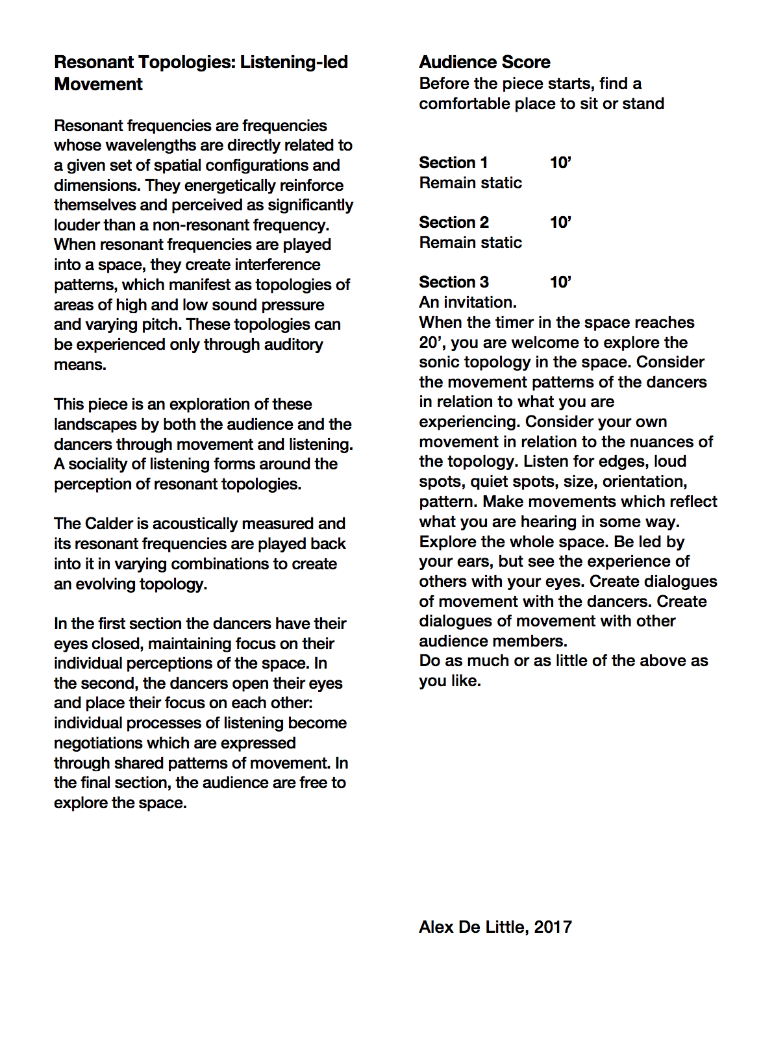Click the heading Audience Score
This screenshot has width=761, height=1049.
point(484,62)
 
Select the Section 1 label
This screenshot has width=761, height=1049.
point(453,163)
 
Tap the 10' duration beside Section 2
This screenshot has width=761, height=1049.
point(560,223)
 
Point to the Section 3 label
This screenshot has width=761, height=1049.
point(453,282)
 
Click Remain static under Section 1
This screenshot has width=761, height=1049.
point(470,183)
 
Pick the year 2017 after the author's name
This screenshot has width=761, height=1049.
point(553,927)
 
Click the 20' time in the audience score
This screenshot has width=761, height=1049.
point(432,343)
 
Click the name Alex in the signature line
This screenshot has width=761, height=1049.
point(436,927)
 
